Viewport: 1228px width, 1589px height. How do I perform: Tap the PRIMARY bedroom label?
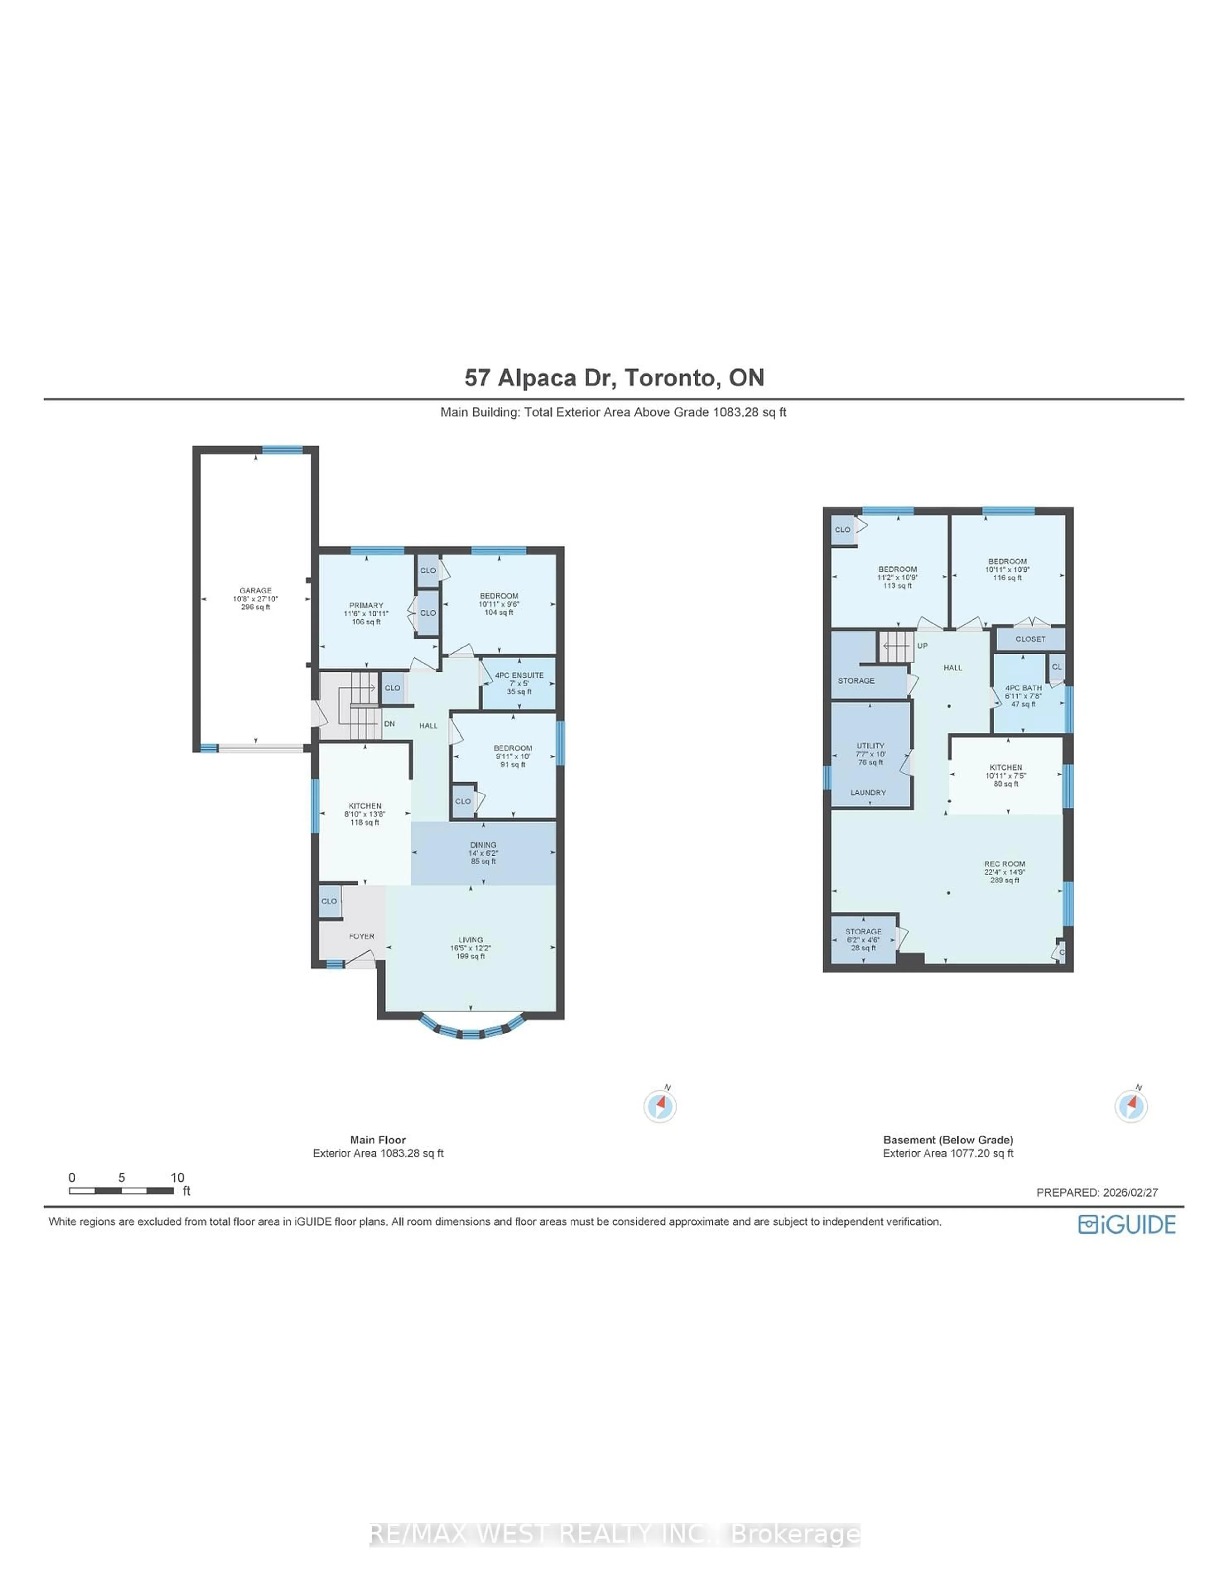pos(366,605)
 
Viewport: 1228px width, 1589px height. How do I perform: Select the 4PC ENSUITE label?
pos(519,675)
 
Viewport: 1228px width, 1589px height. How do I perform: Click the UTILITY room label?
pos(870,746)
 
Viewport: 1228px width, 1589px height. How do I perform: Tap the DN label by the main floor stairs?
pos(390,724)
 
